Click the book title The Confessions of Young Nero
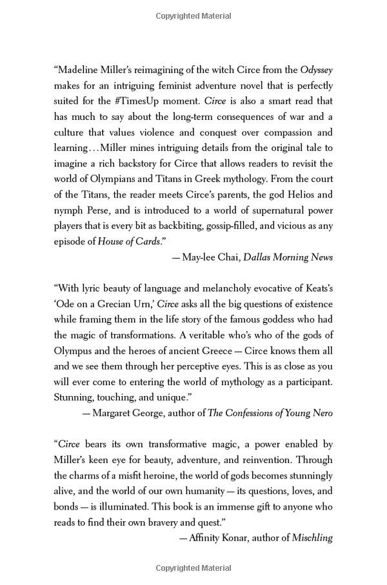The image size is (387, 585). pyautogui.click(x=270, y=413)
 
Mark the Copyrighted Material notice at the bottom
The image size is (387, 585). pyautogui.click(x=193, y=568)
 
